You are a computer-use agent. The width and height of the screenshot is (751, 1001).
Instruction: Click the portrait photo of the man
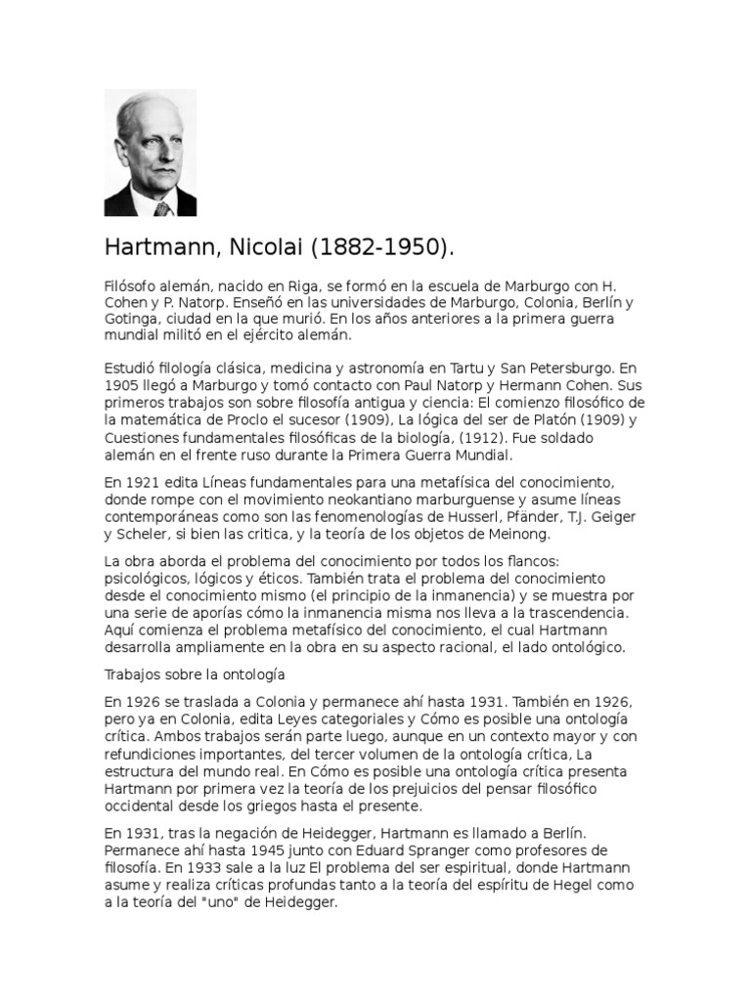tap(150, 152)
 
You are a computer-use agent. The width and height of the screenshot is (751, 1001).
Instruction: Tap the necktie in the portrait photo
tap(161, 207)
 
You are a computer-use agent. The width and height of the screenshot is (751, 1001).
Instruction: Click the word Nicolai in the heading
tap(259, 247)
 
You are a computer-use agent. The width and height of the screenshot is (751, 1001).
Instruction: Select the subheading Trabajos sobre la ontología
tap(193, 674)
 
